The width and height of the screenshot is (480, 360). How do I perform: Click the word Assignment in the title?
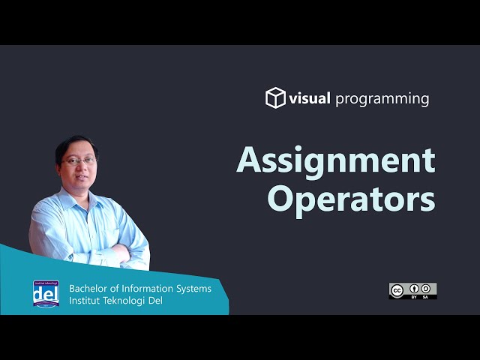pos(335,160)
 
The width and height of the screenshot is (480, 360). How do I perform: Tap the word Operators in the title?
pos(351,199)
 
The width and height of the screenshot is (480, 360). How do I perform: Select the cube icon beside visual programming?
pos(276,98)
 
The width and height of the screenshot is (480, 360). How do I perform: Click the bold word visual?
pos(310,98)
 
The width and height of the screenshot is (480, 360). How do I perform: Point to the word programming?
pos(382,99)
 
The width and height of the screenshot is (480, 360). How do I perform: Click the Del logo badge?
pos(46,293)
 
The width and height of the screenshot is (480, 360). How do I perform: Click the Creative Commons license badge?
pos(412,291)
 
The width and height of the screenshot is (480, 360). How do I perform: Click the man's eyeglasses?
pos(80,160)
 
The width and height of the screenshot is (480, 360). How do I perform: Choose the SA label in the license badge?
pos(426,297)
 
